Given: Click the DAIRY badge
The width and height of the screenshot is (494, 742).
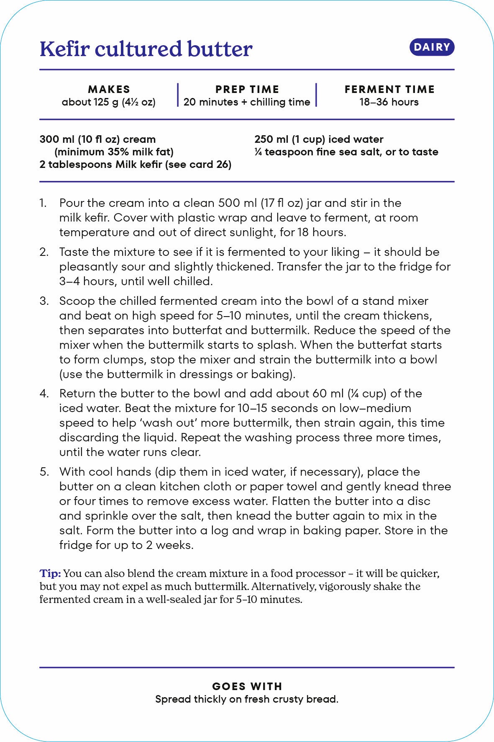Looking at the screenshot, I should (x=432, y=47).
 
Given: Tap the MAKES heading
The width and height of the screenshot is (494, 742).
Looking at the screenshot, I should (x=109, y=89).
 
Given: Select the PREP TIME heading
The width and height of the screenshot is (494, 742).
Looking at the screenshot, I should (x=247, y=89).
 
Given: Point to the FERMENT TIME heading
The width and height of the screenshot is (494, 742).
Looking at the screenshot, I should (x=389, y=89).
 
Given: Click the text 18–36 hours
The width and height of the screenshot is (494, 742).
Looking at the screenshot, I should (x=389, y=102).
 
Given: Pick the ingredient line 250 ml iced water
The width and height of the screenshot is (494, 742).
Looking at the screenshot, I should (x=319, y=139).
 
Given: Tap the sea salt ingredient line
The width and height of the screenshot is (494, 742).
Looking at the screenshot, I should (x=346, y=152).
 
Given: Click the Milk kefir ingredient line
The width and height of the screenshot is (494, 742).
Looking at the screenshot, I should (x=135, y=165).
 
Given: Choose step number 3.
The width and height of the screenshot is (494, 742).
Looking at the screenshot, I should (x=44, y=301).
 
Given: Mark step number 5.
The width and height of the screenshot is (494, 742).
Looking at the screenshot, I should (x=44, y=472).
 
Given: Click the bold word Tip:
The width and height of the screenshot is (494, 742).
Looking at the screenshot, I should (x=50, y=573).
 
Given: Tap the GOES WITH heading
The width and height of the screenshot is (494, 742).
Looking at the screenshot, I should (x=247, y=686).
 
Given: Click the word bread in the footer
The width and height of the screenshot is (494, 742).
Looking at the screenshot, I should (x=324, y=699).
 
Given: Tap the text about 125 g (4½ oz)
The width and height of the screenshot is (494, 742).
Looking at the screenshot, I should (x=109, y=102).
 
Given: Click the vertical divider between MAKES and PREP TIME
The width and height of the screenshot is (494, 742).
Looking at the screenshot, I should (x=178, y=95).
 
